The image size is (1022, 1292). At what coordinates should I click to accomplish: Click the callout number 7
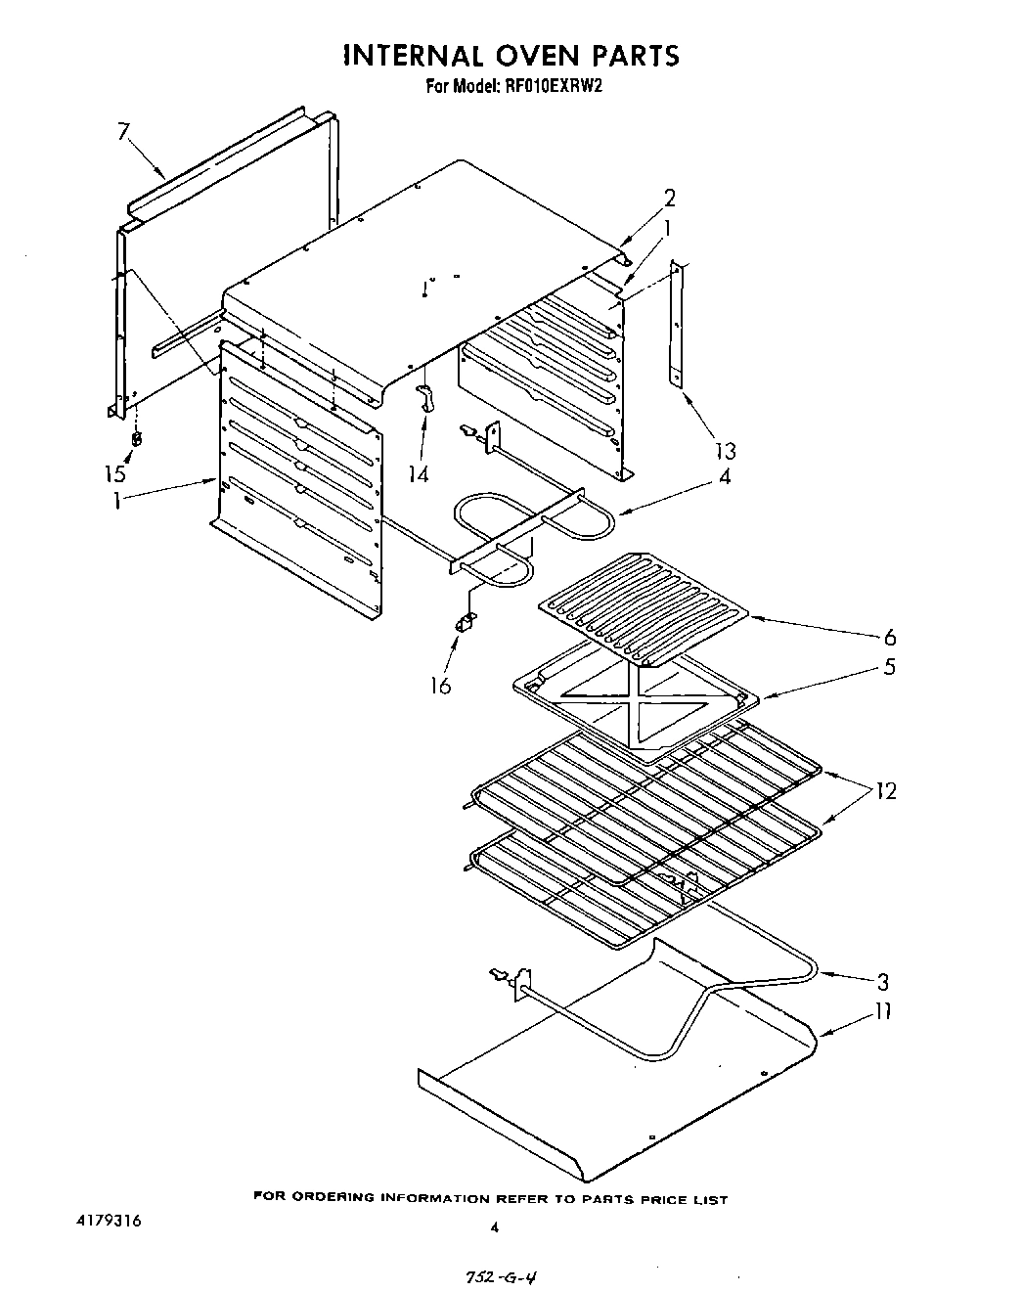tap(122, 132)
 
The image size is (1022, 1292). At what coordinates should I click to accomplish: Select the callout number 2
tap(670, 199)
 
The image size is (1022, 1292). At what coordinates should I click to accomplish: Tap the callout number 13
tap(725, 451)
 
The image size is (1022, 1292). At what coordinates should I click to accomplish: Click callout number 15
tap(115, 474)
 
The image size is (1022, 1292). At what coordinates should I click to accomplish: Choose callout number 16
tap(441, 686)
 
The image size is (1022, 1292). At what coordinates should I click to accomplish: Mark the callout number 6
tap(889, 638)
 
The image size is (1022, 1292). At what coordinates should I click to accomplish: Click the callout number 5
tap(889, 667)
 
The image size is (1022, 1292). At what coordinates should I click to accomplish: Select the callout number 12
tap(886, 790)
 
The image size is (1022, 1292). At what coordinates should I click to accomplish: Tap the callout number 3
tap(883, 981)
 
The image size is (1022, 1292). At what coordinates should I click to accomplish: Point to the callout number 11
tap(882, 1011)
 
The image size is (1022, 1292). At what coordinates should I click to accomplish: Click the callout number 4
tap(725, 477)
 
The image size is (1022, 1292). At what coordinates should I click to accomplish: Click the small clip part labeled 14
tap(424, 398)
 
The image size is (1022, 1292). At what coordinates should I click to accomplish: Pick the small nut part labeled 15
tap(137, 438)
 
